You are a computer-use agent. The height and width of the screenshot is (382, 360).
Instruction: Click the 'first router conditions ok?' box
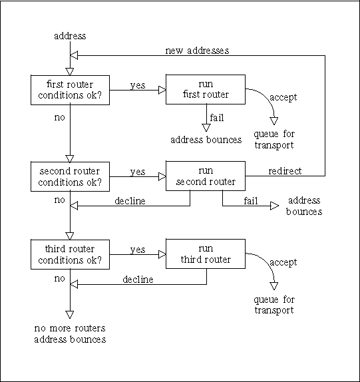(x=70, y=89)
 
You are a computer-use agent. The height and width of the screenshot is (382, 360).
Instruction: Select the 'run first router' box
(x=206, y=89)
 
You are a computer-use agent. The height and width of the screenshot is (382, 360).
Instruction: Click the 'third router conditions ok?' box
(x=70, y=254)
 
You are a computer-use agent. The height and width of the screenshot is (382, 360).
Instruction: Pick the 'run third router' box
(x=206, y=254)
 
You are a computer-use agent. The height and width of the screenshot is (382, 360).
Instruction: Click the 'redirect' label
(x=284, y=171)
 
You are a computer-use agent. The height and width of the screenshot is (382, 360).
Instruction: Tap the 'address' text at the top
(x=69, y=36)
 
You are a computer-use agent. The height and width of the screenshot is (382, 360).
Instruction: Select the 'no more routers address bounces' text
(x=69, y=334)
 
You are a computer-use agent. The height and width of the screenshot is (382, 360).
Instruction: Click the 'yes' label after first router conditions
(x=138, y=85)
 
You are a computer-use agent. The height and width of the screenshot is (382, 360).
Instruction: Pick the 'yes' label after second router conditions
(x=138, y=172)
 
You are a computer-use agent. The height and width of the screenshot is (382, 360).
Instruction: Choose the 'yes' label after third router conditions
(x=138, y=250)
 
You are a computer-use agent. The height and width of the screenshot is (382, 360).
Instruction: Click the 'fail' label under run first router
(x=217, y=118)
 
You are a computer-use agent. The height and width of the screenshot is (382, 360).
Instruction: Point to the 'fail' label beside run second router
(x=251, y=201)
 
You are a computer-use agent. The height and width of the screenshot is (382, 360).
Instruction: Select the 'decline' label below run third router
(x=138, y=279)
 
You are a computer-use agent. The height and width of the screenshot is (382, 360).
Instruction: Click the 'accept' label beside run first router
(x=283, y=97)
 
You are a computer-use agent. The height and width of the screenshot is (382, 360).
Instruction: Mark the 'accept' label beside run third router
(x=283, y=262)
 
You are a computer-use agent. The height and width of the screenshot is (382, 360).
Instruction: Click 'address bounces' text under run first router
(x=206, y=140)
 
